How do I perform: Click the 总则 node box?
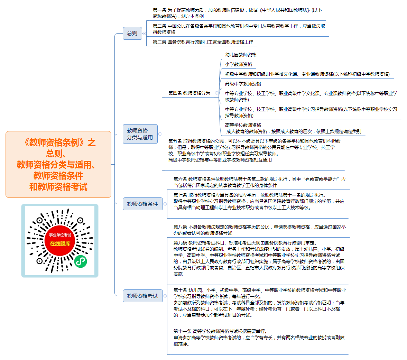pos(132,33)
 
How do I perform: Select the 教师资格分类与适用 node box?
pos(140,134)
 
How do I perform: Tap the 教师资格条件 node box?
pos(143,204)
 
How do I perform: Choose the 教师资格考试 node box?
pos(143,296)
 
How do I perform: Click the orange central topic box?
pos(58,164)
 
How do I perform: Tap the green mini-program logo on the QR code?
pos(81,261)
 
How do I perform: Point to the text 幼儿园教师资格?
pos(241,55)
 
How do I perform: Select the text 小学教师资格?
pos(239,64)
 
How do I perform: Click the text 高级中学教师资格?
pos(243,84)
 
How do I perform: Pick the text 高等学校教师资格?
pos(243,125)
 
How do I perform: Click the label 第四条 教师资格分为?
pos(189,93)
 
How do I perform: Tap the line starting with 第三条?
pos(203,42)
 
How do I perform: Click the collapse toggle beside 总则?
pos(144,33)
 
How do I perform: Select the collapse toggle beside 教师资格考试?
pos(165,296)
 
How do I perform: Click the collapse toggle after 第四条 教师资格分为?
pos(216,93)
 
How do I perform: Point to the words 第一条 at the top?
pos(159,10)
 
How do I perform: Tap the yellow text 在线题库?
pos(60,243)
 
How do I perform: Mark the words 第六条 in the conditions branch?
pos(180,179)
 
